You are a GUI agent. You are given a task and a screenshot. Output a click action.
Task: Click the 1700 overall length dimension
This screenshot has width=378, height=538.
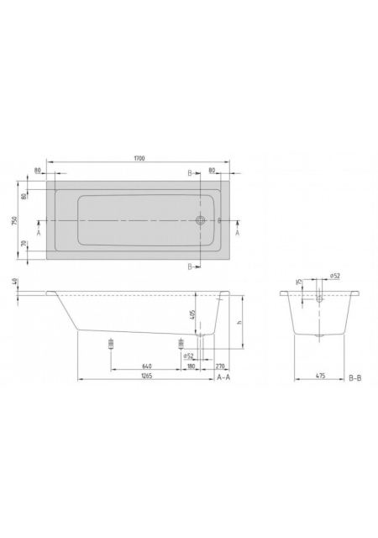tap(139, 158)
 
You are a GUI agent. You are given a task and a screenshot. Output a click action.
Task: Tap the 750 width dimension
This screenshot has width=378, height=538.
tap(14, 221)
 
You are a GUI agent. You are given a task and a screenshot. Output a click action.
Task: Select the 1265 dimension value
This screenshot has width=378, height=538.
tap(146, 376)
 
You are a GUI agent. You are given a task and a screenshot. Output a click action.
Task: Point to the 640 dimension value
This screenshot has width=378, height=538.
tap(147, 367)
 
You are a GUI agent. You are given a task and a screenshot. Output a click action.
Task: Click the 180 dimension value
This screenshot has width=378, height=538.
tap(191, 367)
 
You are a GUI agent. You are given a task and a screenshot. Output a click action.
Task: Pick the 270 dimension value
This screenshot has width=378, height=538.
tap(220, 367)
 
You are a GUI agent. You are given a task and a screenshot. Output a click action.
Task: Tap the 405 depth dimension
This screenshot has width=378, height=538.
tap(192, 314)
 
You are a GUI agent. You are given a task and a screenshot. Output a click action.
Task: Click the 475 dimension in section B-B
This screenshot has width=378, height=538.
tap(320, 376)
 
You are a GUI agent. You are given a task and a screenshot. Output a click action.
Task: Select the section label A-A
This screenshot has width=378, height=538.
tap(223, 377)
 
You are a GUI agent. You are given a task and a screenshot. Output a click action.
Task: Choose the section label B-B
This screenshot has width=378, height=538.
tap(355, 378)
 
